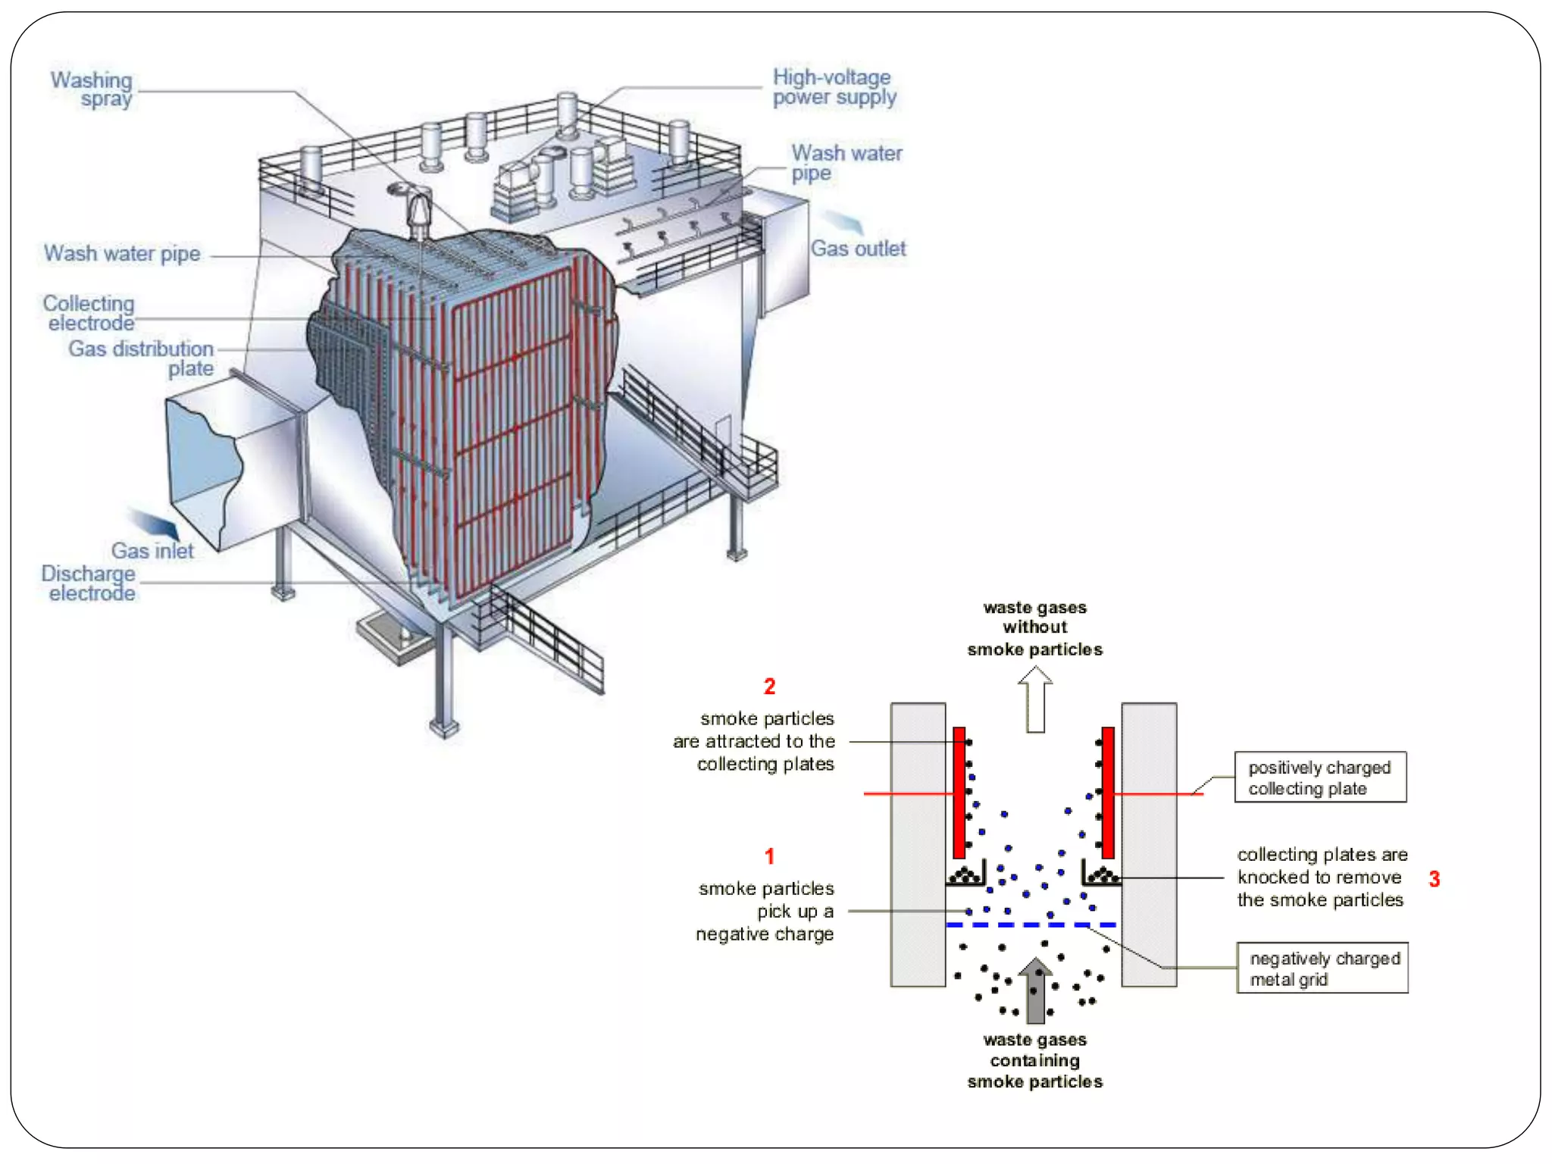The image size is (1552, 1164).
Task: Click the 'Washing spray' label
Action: [92, 89]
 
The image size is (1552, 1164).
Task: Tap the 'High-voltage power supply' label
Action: [834, 87]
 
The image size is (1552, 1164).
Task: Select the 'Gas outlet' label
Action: [858, 249]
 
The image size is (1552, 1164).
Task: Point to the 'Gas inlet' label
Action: [152, 551]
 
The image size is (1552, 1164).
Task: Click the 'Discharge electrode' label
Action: [89, 583]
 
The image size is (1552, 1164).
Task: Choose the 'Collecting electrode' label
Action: [89, 313]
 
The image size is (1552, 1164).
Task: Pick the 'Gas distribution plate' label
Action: [142, 358]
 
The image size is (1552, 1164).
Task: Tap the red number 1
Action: [769, 856]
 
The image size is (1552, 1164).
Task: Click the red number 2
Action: [769, 687]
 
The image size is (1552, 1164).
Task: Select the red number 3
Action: [1434, 879]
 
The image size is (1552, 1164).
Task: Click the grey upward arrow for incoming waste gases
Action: [1035, 990]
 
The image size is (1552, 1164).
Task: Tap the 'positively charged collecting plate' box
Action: [1320, 778]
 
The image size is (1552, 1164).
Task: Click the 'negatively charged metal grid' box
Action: [1322, 968]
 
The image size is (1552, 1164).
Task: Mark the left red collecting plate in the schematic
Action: [959, 793]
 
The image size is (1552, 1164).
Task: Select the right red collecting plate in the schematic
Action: [1108, 793]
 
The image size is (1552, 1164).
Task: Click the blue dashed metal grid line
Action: [1031, 925]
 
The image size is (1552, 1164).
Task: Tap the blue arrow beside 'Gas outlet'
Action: [843, 221]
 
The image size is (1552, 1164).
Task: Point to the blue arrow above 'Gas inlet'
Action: [154, 522]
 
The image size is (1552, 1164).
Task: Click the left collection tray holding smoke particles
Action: [965, 876]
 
